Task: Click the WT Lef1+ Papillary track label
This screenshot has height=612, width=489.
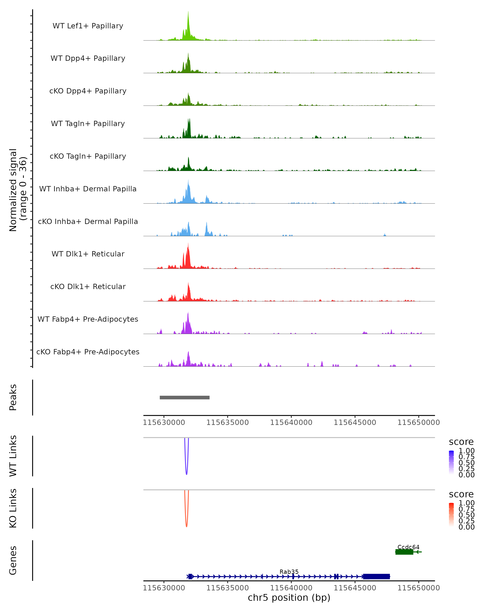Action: (88, 26)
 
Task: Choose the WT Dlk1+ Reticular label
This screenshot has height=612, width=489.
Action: (88, 254)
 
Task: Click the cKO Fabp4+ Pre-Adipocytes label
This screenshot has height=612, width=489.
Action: (88, 352)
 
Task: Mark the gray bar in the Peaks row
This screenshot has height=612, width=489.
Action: (185, 397)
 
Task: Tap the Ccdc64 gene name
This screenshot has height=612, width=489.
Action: (408, 547)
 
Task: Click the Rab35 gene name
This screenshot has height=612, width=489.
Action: (289, 572)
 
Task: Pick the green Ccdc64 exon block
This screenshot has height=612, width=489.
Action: (404, 552)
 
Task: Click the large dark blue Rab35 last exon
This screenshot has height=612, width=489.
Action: (377, 577)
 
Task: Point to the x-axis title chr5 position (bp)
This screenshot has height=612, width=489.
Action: (289, 598)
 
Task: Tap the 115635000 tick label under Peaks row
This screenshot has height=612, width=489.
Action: (227, 422)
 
